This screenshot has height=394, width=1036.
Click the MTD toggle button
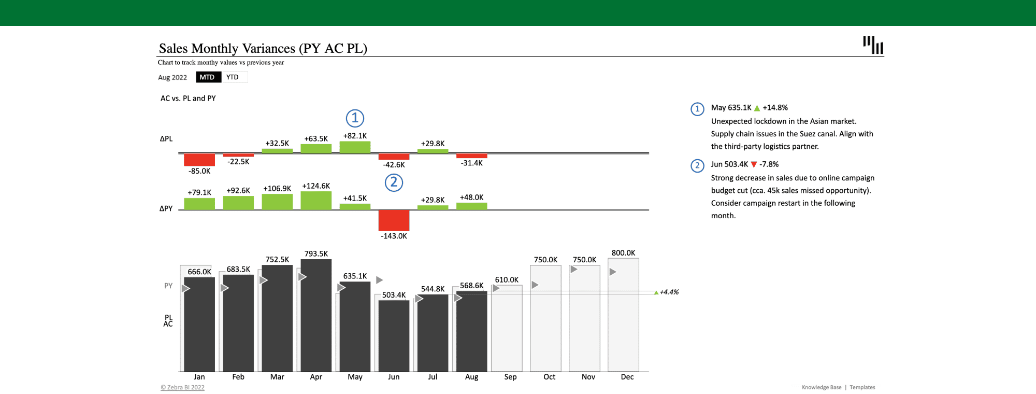[208, 77]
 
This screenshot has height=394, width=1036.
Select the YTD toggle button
[233, 77]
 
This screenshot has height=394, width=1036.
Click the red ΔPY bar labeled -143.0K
[394, 220]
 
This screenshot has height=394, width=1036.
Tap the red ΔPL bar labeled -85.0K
[199, 160]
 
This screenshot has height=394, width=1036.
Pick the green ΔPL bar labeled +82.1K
[355, 147]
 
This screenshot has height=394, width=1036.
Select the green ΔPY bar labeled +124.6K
[316, 201]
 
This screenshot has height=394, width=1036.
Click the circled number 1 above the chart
[355, 118]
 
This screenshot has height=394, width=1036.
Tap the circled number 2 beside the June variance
[394, 182]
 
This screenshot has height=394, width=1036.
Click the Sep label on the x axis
[510, 377]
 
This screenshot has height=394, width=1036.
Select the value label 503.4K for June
[394, 295]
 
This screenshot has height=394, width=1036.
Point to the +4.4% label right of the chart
[669, 292]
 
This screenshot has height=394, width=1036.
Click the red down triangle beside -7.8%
[754, 164]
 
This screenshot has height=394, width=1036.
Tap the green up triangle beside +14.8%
[757, 108]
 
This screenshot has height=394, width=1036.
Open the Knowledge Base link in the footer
[822, 387]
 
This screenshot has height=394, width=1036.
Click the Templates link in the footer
[862, 387]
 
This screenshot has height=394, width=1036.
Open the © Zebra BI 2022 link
[182, 387]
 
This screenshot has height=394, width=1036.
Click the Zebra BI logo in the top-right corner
[873, 45]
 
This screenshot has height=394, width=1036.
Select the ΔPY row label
[166, 208]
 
